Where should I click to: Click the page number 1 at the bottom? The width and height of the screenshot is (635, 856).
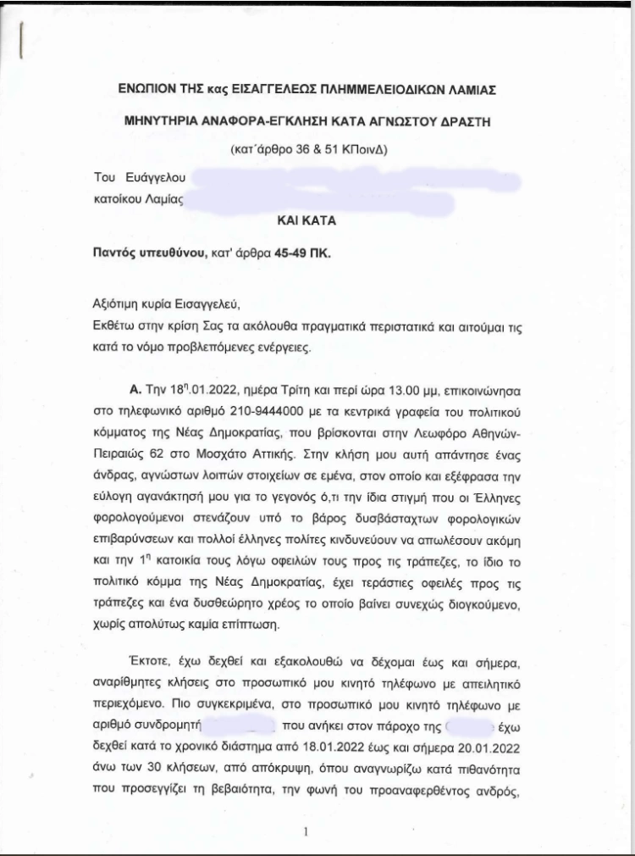(x=304, y=831)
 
